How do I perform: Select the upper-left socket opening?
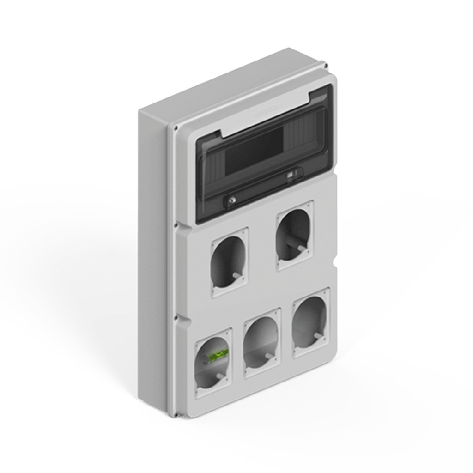(x=229, y=261)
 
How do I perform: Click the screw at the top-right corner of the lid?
(x=326, y=66)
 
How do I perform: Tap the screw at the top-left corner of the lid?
(x=176, y=127)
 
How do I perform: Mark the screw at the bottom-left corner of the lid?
(x=176, y=414)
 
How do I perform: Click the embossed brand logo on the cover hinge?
(x=265, y=109)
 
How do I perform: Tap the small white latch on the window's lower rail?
(x=290, y=176)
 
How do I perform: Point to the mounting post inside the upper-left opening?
(x=236, y=275)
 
